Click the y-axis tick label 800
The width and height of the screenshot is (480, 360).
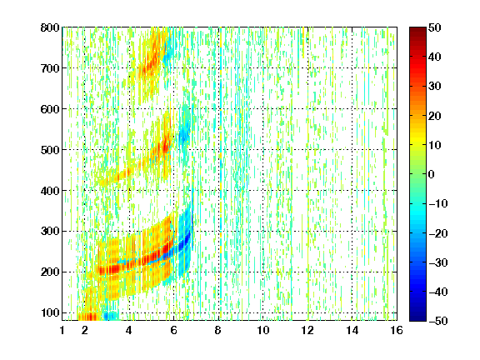(x=50, y=27)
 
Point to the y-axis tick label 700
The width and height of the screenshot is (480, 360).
(x=50, y=68)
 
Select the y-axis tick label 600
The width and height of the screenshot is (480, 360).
(x=50, y=109)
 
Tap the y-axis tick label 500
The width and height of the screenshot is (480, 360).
(x=50, y=150)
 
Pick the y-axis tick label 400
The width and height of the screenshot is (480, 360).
(x=50, y=191)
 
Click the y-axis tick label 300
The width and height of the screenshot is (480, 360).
(x=50, y=232)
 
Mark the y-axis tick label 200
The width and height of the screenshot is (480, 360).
(x=50, y=272)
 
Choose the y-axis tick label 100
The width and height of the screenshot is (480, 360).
(x=50, y=312)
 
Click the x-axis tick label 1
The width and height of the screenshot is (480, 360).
(x=62, y=330)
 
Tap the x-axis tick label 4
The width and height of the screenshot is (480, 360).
(x=129, y=330)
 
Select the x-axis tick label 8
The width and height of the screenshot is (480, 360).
(x=218, y=330)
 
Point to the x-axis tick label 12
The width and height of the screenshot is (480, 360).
(x=307, y=330)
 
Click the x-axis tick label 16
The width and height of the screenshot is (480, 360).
(x=397, y=330)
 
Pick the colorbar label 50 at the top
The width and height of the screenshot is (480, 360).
(x=434, y=27)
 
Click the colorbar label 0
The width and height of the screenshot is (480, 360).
(x=432, y=174)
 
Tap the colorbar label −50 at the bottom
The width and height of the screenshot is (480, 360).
(x=438, y=321)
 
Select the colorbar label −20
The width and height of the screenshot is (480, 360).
(x=438, y=233)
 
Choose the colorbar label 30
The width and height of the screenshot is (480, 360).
(x=434, y=87)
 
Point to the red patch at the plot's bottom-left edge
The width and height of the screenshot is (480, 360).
(x=87, y=317)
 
